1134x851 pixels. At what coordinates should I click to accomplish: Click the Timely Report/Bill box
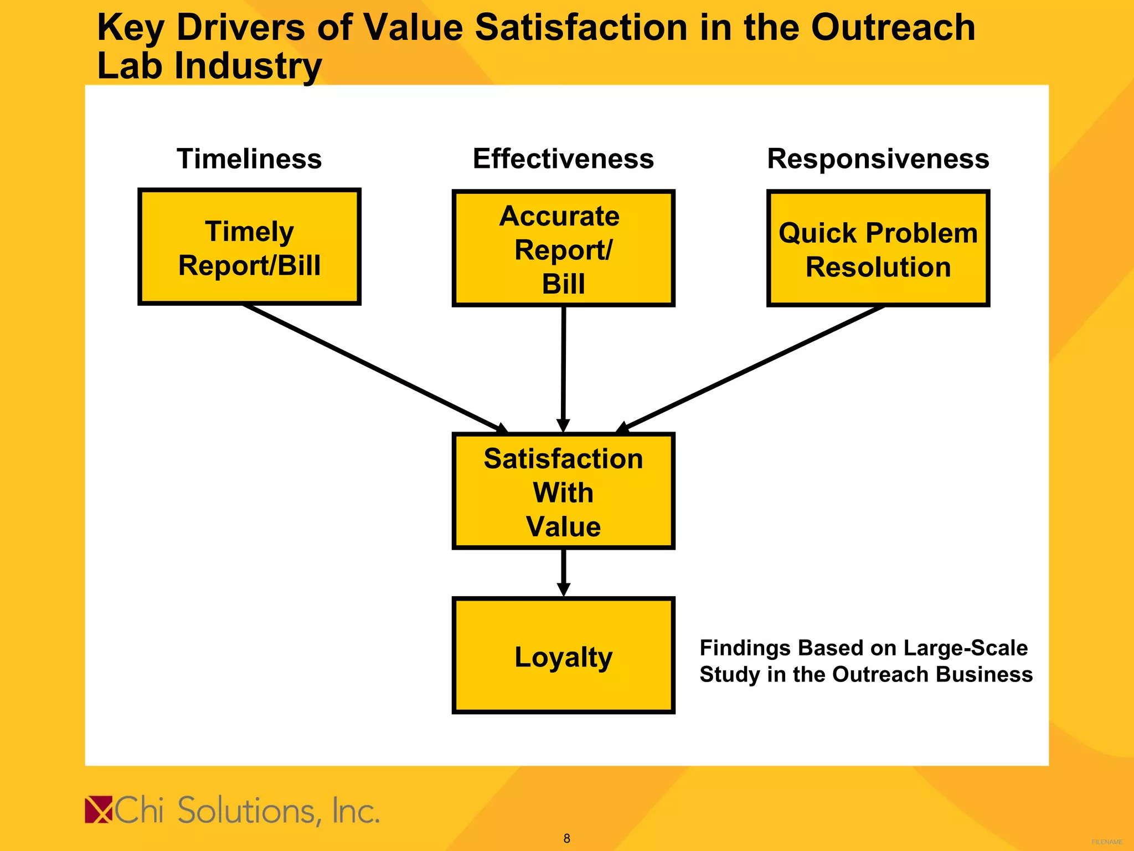pyautogui.click(x=249, y=247)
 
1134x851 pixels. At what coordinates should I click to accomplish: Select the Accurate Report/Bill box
pyautogui.click(x=563, y=249)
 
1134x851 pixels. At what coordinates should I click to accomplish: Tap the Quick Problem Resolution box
pyautogui.click(x=878, y=249)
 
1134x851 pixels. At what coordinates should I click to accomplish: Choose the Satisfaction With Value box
pyautogui.click(x=563, y=491)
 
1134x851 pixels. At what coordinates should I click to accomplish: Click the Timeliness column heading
pyautogui.click(x=249, y=159)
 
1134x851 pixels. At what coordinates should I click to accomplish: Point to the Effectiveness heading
pyautogui.click(x=563, y=159)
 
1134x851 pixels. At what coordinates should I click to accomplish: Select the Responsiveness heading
pyautogui.click(x=878, y=159)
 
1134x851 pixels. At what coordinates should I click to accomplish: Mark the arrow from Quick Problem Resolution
pyautogui.click(x=753, y=367)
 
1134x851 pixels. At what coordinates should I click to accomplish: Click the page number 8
pyautogui.click(x=566, y=838)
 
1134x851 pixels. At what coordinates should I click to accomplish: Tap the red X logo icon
pyautogui.click(x=99, y=810)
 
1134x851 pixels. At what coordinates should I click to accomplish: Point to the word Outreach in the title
pyautogui.click(x=893, y=28)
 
